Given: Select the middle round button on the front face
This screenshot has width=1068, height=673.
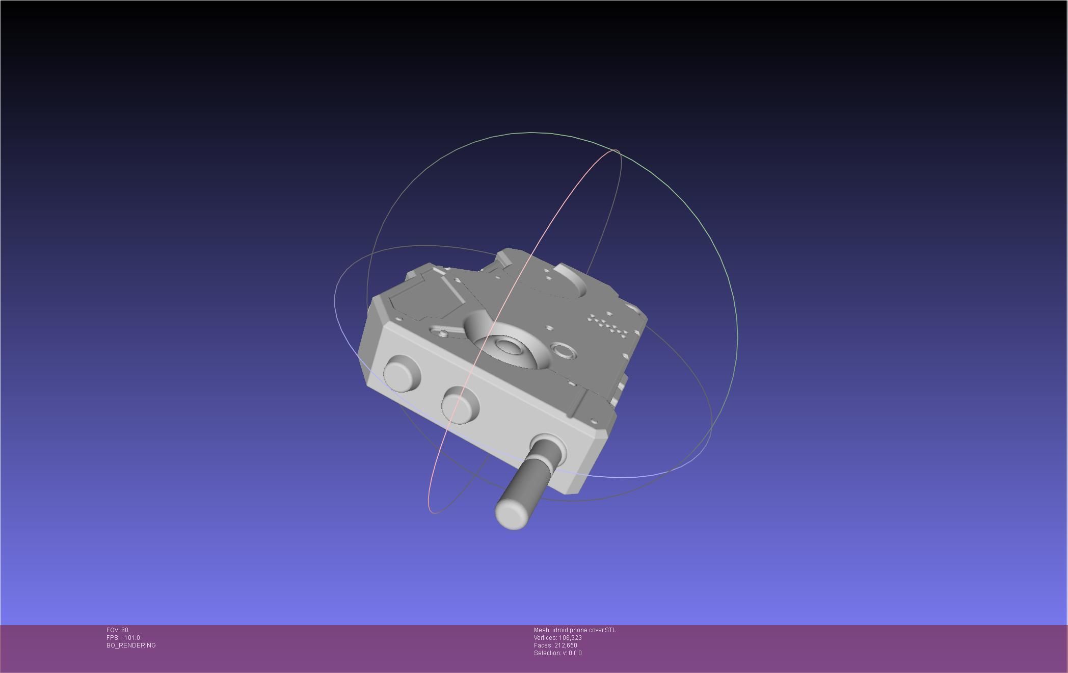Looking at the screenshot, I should (x=460, y=405).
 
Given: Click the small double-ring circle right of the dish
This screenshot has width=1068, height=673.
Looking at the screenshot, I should (x=563, y=351).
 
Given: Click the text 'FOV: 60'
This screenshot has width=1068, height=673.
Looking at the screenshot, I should (x=117, y=630).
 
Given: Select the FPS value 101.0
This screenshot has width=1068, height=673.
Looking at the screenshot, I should (x=132, y=638).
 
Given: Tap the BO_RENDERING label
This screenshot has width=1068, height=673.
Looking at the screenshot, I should (x=131, y=645).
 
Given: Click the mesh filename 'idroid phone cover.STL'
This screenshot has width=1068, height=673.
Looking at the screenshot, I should (x=583, y=630).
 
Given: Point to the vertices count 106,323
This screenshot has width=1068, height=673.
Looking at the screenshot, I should (x=570, y=638).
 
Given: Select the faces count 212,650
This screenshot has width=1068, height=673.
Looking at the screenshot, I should (x=566, y=645).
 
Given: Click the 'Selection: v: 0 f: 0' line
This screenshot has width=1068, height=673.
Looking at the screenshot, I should (x=557, y=653).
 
